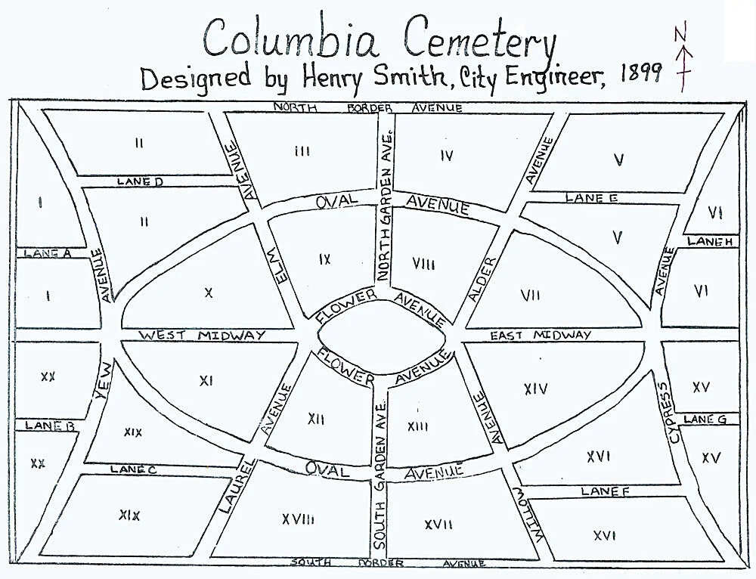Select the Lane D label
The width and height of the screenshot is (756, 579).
point(140,182)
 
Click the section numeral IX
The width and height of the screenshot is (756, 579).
point(324,259)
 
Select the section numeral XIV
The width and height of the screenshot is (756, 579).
point(534,389)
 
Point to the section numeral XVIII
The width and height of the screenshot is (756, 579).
point(298,519)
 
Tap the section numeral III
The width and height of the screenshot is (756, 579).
point(302,152)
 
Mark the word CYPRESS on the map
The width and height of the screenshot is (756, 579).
point(668,412)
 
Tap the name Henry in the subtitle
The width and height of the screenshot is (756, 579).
point(301,77)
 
